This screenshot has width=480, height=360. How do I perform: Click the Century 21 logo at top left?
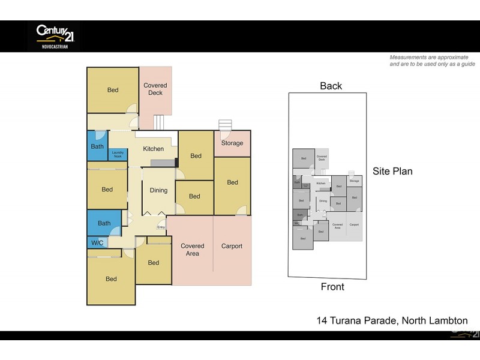53,36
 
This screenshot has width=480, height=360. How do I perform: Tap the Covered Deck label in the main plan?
155,89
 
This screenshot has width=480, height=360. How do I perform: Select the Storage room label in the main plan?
232,143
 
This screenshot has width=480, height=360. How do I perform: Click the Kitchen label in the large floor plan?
153,149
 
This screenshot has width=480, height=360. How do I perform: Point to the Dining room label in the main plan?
158,190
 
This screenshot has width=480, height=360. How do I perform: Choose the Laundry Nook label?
118,154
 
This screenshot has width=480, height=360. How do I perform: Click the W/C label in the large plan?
97,243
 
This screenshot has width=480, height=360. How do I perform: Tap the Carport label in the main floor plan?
232,246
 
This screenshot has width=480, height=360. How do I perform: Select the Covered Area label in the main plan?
193,250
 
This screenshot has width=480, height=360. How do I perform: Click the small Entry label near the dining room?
161,227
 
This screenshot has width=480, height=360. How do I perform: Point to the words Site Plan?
392,171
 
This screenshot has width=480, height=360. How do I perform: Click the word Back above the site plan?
331,86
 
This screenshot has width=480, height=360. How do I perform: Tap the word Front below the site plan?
332,287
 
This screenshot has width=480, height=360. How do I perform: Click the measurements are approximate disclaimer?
432,61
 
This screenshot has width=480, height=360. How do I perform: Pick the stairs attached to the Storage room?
225,124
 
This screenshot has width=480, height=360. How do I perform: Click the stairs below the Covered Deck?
159,122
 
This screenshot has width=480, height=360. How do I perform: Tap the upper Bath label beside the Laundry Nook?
97,146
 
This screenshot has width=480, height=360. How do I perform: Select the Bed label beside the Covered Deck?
113,90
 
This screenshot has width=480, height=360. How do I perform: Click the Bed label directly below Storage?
232,182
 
